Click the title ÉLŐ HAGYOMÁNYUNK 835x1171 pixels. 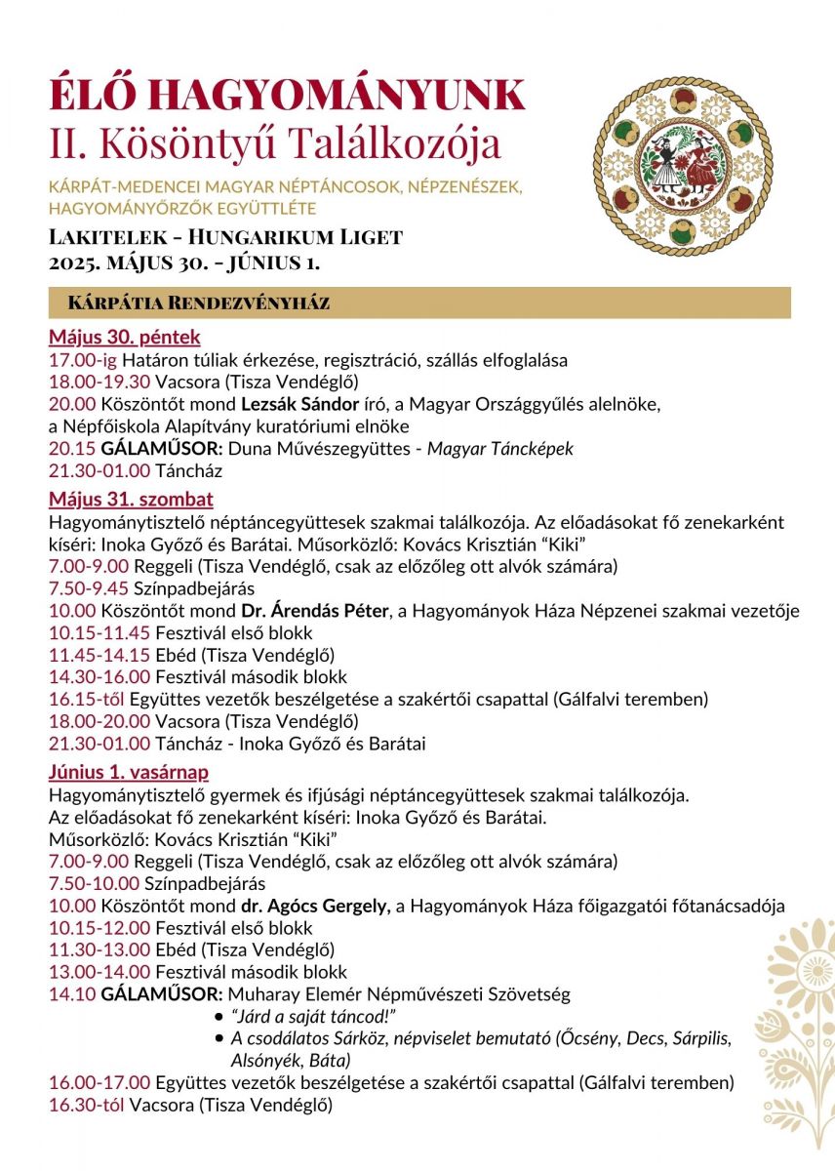(x=287, y=95)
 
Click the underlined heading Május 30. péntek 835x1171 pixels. (x=125, y=338)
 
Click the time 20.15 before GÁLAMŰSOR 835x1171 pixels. (x=72, y=449)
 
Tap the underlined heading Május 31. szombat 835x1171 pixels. (x=131, y=500)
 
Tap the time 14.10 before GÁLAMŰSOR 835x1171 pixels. (x=72, y=994)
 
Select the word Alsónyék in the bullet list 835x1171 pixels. (x=264, y=1060)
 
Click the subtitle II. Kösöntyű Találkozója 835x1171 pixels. (x=275, y=142)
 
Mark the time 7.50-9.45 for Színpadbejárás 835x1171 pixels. (x=91, y=588)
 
